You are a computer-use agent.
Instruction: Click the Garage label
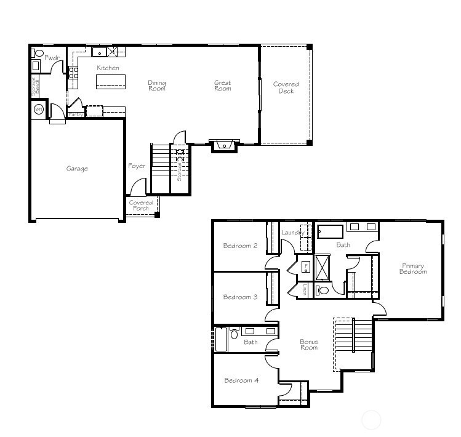click(77, 169)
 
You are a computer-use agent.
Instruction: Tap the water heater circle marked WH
click(39, 110)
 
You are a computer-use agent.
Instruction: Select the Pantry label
click(76, 114)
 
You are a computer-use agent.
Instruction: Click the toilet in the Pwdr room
click(39, 54)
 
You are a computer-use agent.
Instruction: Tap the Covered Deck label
click(286, 87)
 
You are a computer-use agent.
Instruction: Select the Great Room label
click(222, 86)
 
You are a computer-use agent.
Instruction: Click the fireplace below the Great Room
click(224, 146)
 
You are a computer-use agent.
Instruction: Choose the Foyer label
click(137, 166)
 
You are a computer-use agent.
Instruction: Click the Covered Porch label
click(141, 206)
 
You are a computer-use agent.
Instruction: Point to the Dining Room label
click(157, 86)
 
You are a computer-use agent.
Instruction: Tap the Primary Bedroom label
click(412, 269)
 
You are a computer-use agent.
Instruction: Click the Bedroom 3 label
click(240, 297)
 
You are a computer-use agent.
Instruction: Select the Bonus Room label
click(309, 345)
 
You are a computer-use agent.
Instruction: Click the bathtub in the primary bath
click(329, 232)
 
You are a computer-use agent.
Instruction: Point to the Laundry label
click(292, 233)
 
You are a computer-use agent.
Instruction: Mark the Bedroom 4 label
click(241, 380)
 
